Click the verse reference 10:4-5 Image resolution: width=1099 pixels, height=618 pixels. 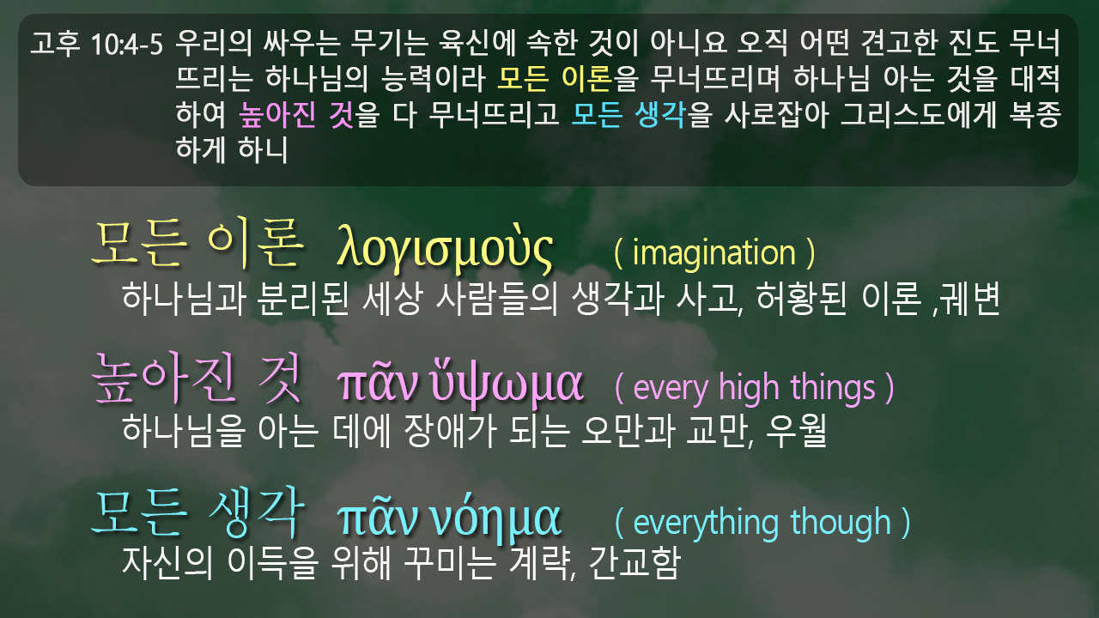click(126, 44)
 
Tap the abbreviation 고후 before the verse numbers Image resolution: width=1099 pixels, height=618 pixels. click(54, 43)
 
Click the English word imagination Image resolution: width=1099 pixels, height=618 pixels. click(713, 252)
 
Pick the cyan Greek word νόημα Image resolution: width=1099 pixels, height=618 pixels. click(495, 519)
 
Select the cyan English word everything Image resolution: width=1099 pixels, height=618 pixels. click(706, 523)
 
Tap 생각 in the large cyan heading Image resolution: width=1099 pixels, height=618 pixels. click(256, 512)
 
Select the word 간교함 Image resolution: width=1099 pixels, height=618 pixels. click(635, 563)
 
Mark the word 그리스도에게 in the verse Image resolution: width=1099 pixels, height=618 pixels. click(918, 115)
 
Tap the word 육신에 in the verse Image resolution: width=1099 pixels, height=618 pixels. click(477, 43)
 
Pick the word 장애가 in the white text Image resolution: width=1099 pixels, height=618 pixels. click(450, 431)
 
